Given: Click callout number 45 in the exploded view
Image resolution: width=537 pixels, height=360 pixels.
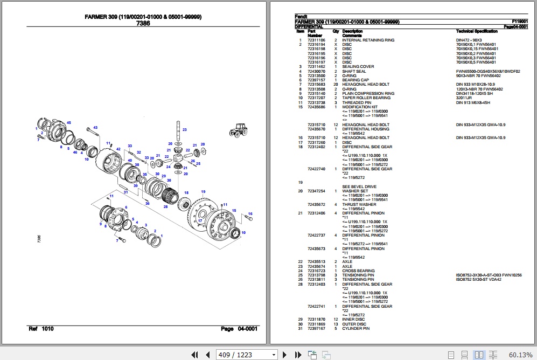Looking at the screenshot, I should tap(69, 123).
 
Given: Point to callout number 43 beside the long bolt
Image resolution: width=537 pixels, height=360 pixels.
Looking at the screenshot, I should tap(95, 128).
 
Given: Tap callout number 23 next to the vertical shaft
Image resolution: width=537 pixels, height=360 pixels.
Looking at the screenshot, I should tap(184, 130).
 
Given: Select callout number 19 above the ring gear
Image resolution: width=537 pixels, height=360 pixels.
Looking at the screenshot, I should tap(203, 192).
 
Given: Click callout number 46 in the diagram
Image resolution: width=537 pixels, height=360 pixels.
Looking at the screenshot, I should tap(75, 153).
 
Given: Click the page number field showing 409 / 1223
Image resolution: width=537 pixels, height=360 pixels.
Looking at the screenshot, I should tap(247, 354).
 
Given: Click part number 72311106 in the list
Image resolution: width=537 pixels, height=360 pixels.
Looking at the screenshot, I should tap(316, 40).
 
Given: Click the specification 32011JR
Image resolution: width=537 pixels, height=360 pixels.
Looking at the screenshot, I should tap(464, 98).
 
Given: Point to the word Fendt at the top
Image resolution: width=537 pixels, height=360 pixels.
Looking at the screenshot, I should tap(301, 17).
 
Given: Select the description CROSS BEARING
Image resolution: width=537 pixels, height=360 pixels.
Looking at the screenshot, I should tap(358, 271).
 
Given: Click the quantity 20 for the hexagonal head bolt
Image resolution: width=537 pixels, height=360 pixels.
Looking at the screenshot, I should tap(336, 85).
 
